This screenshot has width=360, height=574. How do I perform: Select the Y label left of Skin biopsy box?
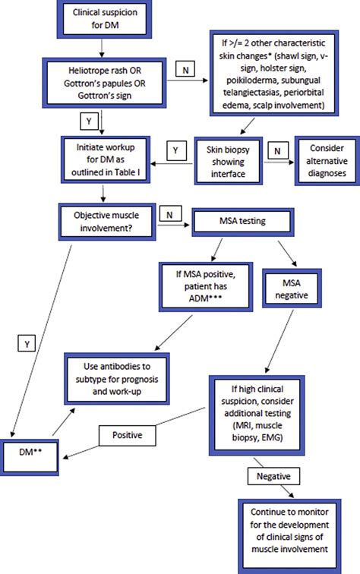click(175, 150)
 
